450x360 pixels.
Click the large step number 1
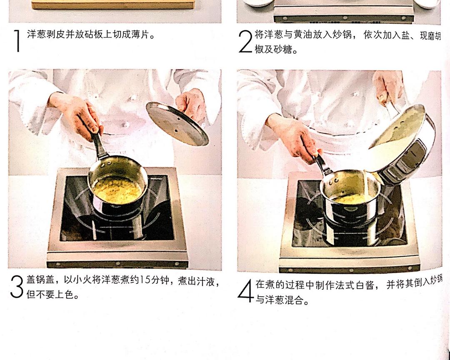tap(17, 41)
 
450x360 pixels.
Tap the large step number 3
tap(16, 287)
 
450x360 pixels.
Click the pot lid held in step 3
tap(177, 124)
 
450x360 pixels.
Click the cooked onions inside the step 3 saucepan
tap(117, 190)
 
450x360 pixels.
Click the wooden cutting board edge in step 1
tap(112, 5)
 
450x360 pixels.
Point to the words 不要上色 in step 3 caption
tap(56, 295)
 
